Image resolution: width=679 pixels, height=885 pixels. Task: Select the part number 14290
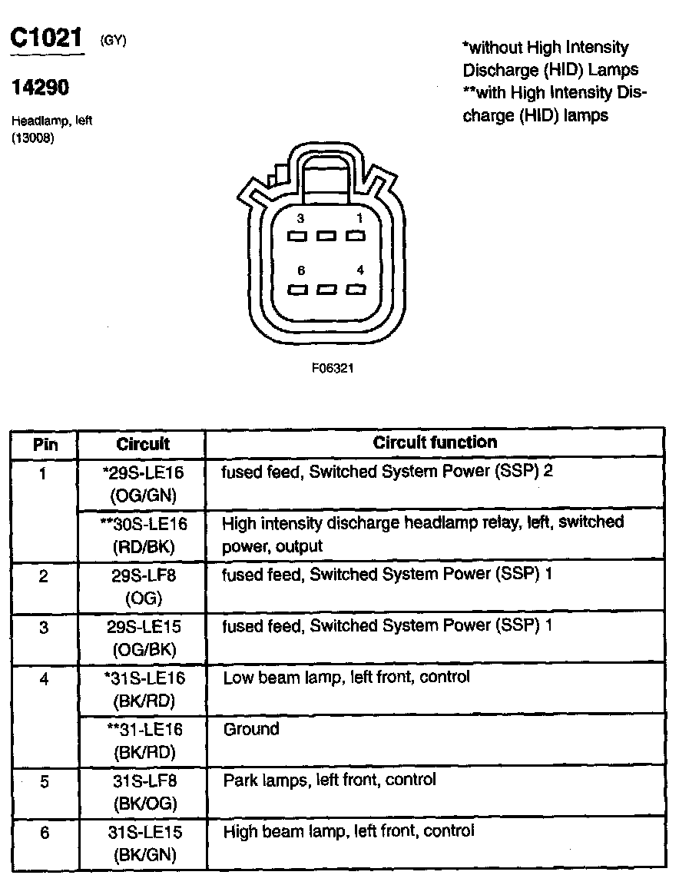tap(40, 88)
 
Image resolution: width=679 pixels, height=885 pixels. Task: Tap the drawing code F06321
tap(333, 368)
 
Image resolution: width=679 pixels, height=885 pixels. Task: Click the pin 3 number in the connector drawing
tap(300, 218)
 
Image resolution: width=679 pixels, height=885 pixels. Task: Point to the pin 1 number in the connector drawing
tap(359, 218)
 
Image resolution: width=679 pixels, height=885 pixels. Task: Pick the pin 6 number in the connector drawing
tap(300, 270)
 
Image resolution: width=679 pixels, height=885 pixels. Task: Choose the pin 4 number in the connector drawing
tap(359, 270)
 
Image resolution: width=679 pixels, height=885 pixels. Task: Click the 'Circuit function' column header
tap(435, 442)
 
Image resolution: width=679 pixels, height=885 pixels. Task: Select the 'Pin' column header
tap(45, 444)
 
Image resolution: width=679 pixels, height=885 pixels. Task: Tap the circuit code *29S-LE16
tap(142, 472)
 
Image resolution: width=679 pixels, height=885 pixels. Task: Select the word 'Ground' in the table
tap(251, 729)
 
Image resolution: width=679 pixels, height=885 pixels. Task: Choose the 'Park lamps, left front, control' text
tap(330, 781)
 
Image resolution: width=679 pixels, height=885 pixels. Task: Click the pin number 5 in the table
tap(44, 782)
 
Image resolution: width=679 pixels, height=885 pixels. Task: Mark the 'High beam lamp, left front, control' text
tap(349, 831)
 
